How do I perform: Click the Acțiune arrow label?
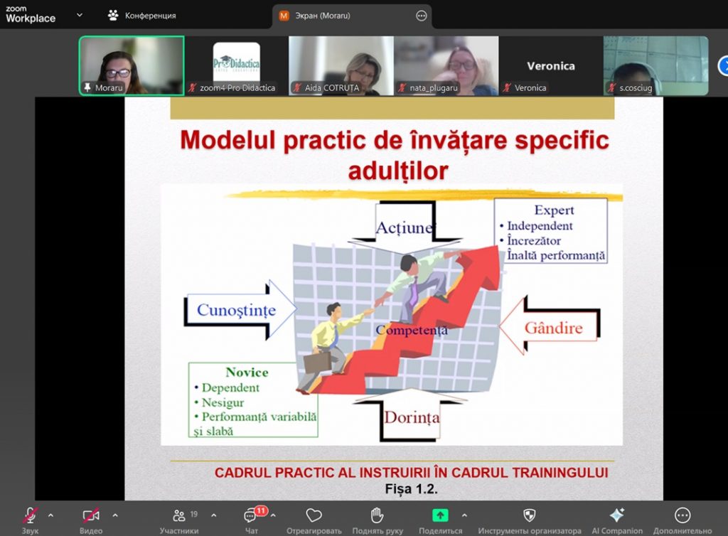coord(404,227)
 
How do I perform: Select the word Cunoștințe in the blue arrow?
coord(236,310)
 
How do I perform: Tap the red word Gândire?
coord(553,328)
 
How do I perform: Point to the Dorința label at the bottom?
coord(412,417)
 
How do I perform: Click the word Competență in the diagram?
coord(412,330)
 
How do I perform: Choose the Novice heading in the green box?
coord(247,372)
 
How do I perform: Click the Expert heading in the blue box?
coord(554,210)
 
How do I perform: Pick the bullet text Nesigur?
coord(223,402)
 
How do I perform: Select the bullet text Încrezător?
coord(534,240)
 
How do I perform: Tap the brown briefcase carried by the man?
coord(318,362)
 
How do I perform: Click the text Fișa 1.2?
coord(412,488)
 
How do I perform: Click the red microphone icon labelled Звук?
coord(30,515)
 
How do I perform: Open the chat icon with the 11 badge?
coord(251,515)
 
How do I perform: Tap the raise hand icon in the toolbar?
coord(377,515)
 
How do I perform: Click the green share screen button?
coord(440,515)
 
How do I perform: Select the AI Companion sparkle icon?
coord(616,515)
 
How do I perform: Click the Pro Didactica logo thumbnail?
coord(236,62)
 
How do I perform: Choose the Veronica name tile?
coord(551,66)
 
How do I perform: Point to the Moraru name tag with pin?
coord(103,87)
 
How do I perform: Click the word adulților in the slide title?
coord(398,171)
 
